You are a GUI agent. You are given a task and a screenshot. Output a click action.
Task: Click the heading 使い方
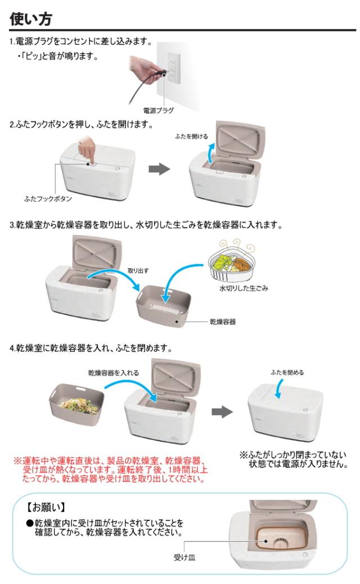31,18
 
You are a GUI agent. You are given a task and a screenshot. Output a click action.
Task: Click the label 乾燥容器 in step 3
222,322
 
